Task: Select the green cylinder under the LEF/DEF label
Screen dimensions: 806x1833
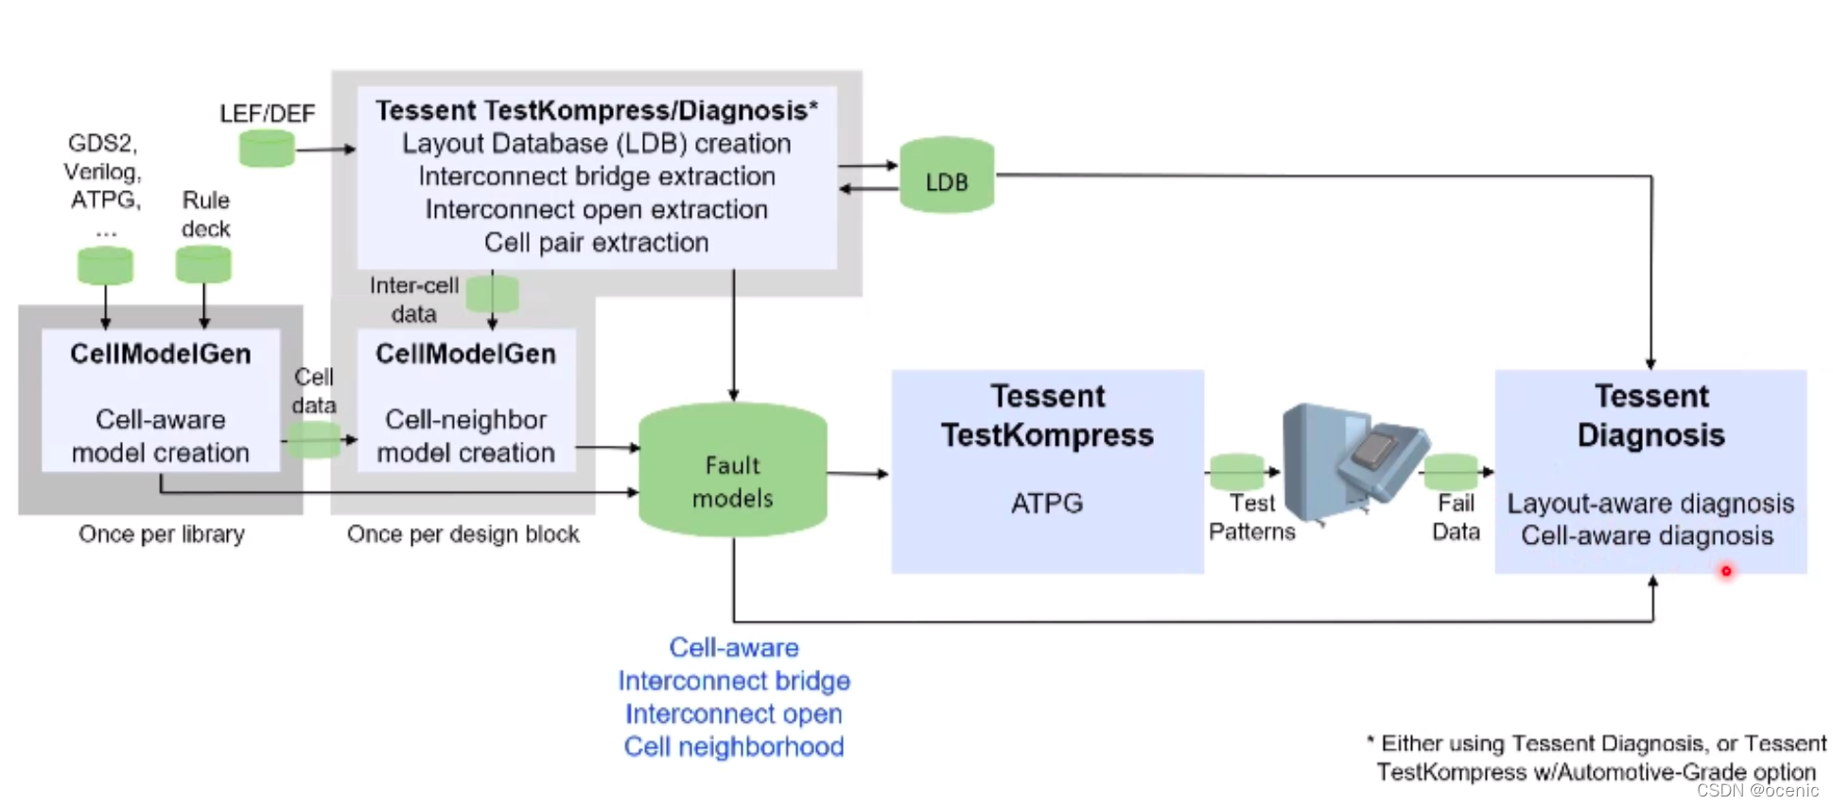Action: coord(267,149)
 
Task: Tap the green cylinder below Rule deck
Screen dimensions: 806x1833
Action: coord(203,264)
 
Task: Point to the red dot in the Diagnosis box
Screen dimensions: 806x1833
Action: coord(1726,570)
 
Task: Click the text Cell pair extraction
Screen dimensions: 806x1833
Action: coord(596,243)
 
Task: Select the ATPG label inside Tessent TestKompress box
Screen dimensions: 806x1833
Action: coord(1047,503)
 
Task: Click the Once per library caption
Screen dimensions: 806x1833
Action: coord(162,534)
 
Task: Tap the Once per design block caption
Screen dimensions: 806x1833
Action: coord(463,534)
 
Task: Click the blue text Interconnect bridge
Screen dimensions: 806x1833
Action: coord(734,681)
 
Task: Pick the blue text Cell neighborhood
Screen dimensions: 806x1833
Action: coord(734,747)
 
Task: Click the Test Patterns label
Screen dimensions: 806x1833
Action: coord(1251,517)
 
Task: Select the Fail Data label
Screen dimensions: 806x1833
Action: coord(1456,517)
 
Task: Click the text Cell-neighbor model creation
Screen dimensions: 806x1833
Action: coord(465,436)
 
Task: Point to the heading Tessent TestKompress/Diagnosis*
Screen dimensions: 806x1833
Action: coord(596,111)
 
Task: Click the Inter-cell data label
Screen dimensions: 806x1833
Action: coord(413,299)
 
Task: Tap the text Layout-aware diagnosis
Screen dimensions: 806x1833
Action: coord(1650,503)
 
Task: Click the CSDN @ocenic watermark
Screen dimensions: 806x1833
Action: coord(1757,791)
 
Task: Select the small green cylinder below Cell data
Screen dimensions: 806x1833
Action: coord(313,440)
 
